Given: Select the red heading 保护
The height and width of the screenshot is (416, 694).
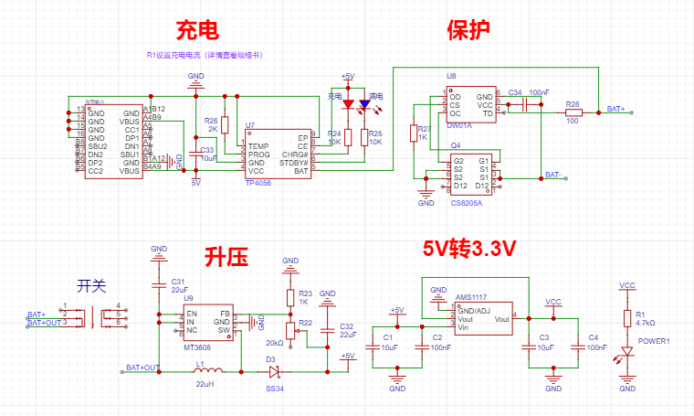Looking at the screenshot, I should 468,30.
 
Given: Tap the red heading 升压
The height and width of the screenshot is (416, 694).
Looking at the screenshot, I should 226,257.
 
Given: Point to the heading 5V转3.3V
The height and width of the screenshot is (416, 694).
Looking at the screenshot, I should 469,249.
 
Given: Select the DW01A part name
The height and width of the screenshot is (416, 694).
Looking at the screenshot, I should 459,125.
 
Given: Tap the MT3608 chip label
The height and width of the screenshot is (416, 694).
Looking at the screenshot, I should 196,348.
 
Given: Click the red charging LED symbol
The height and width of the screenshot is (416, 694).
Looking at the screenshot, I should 347,106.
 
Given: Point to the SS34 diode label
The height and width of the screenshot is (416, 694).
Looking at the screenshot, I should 275,389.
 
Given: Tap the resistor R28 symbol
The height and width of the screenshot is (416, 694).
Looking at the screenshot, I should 573,112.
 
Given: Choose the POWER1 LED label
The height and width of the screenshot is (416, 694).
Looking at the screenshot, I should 654,342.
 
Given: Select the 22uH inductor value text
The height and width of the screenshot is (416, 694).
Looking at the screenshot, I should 204,384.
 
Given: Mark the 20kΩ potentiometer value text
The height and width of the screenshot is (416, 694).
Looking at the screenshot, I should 274,342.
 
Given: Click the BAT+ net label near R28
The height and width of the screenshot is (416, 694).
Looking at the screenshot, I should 616,109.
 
